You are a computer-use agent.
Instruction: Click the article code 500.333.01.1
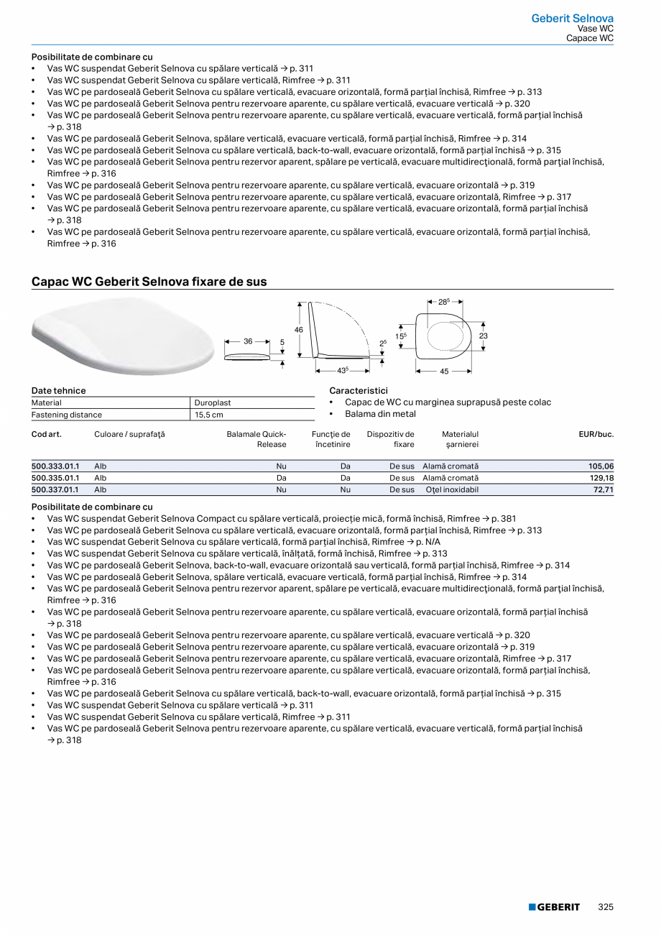(x=55, y=466)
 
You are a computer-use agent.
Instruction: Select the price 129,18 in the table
(x=601, y=478)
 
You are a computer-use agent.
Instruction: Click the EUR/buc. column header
(x=596, y=434)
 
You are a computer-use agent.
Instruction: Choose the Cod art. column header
(x=47, y=434)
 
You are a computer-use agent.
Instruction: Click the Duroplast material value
(x=213, y=403)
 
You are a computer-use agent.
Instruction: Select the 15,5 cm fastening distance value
(x=209, y=415)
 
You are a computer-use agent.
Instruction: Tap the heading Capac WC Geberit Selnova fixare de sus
(x=149, y=282)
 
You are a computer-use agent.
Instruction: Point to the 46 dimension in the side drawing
(x=299, y=329)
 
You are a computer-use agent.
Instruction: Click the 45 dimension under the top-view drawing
(x=444, y=372)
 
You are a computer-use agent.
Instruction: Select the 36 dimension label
(x=248, y=341)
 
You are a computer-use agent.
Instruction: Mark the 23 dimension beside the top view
(x=484, y=336)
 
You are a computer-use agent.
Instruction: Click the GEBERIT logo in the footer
(x=554, y=908)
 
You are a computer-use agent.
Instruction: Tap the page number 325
(x=606, y=908)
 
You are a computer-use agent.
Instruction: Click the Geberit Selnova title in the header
(x=572, y=19)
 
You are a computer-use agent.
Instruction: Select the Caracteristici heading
(x=358, y=390)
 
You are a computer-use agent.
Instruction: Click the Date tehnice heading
(x=58, y=390)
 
